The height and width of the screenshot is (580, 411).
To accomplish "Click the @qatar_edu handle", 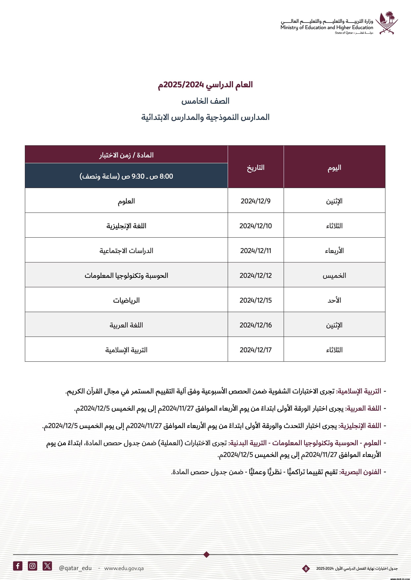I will click(x=75, y=568).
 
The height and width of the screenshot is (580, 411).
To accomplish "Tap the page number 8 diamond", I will click(x=306, y=569).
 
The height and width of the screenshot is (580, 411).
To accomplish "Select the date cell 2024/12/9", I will click(x=256, y=201).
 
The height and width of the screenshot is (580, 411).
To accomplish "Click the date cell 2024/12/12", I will click(x=256, y=275).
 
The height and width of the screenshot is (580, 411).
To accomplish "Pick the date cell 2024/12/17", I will click(x=256, y=350).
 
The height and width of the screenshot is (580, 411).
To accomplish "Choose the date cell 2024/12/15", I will click(x=256, y=300).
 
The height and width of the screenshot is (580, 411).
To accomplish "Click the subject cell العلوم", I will click(x=126, y=201).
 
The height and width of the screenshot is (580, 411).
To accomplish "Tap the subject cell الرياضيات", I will click(x=126, y=300).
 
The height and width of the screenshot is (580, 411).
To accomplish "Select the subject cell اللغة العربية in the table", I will click(x=126, y=325).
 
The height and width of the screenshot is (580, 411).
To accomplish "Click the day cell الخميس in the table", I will click(x=334, y=275).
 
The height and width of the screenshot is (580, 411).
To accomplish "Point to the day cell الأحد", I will click(x=334, y=300).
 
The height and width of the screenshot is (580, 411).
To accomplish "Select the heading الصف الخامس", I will click(x=205, y=101).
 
